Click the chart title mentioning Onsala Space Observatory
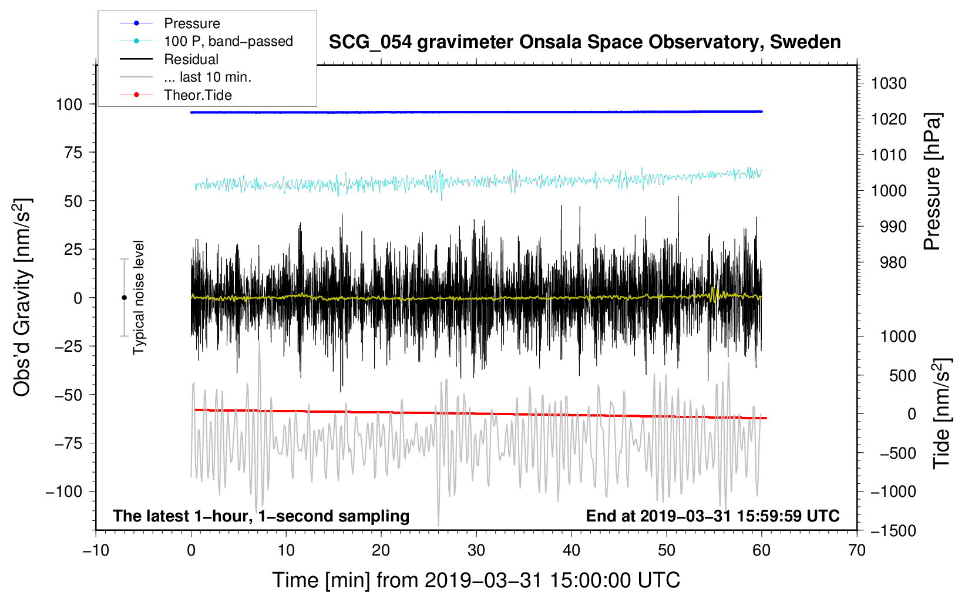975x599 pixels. (x=584, y=42)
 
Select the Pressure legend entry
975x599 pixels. (x=191, y=23)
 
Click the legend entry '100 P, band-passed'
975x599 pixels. (x=228, y=41)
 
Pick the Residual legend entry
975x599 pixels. (x=191, y=59)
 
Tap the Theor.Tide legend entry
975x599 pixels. (x=197, y=95)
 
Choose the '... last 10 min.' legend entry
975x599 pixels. (x=207, y=77)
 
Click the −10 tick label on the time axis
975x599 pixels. (x=96, y=550)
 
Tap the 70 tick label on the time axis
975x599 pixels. (x=857, y=550)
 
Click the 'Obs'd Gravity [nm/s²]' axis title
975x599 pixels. (x=22, y=297)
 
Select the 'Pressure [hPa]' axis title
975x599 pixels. (x=932, y=182)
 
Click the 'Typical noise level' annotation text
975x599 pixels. (x=139, y=297)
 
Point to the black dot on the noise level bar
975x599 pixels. (x=124, y=298)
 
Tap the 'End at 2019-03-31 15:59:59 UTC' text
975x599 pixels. (x=712, y=516)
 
